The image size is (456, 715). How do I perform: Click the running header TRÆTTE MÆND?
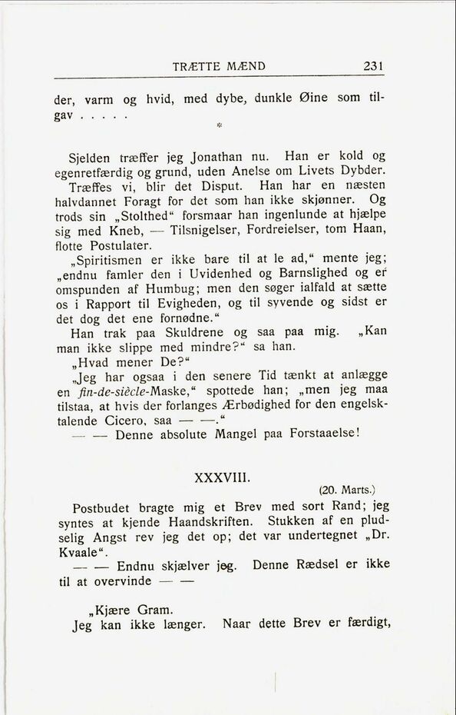coord(220,66)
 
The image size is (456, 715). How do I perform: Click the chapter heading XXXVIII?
coord(220,477)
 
